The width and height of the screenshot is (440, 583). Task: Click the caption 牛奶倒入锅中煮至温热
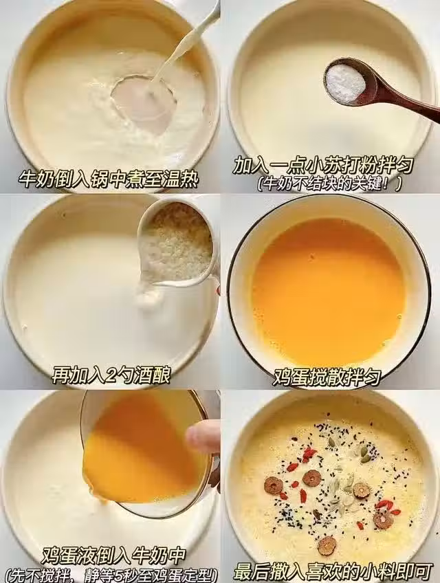tap(109, 180)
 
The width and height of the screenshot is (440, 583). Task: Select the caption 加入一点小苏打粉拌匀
tap(323, 166)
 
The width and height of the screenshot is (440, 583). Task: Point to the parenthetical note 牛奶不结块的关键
tap(329, 184)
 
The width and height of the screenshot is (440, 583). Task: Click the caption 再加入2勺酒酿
tap(111, 375)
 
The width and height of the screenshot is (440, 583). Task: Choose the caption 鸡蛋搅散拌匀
tap(327, 377)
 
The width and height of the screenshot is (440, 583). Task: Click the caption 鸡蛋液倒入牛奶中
tap(113, 555)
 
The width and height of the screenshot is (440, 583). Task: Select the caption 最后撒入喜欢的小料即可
tap(333, 573)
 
